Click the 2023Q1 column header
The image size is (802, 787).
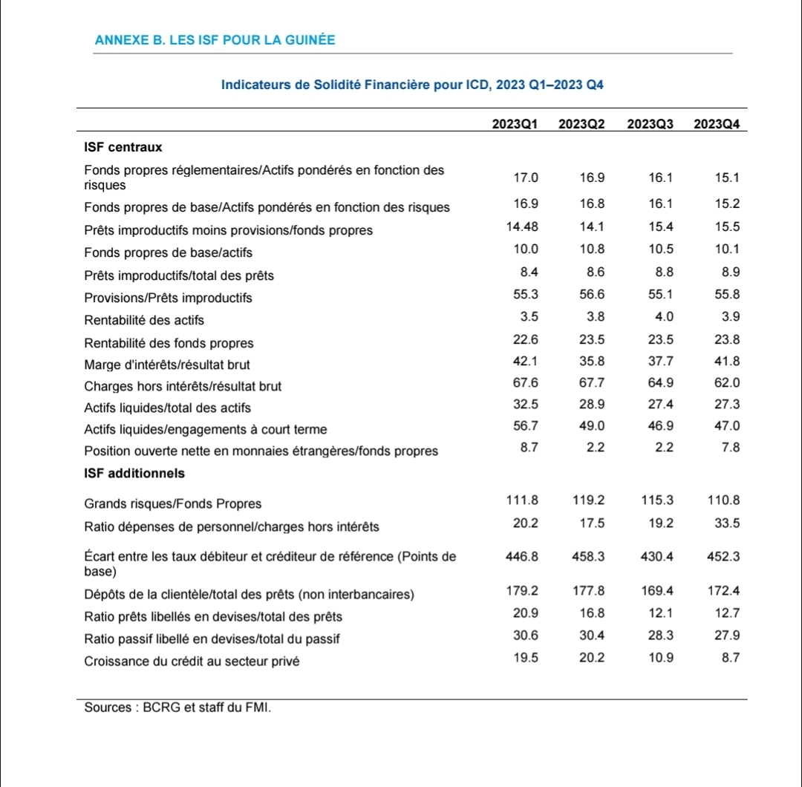(x=515, y=124)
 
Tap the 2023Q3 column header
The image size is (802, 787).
(x=650, y=124)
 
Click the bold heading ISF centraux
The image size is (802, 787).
(x=123, y=147)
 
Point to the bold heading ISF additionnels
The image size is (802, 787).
(x=134, y=473)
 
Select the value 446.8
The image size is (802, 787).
(x=521, y=556)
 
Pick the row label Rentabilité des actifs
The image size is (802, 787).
(x=144, y=321)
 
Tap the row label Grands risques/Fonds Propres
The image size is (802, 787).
(x=172, y=504)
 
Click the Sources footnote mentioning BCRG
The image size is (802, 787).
(x=177, y=708)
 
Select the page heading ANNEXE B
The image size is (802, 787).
(x=215, y=40)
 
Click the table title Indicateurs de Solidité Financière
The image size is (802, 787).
(x=412, y=85)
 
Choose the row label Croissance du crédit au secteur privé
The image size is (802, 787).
(x=192, y=661)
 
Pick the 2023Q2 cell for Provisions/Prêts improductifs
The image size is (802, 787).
(x=592, y=295)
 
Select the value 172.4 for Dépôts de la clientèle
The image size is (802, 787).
(x=724, y=591)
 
